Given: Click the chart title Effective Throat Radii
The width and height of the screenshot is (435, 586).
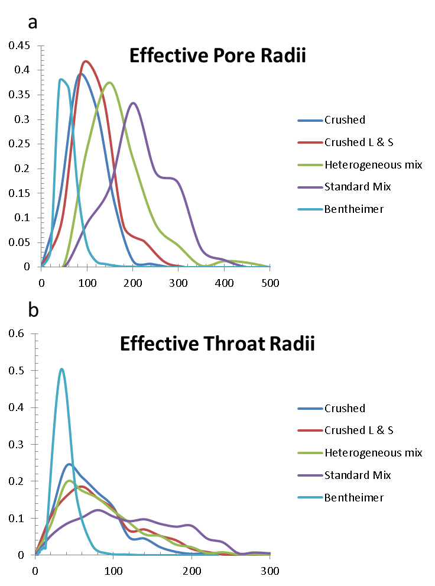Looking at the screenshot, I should pos(217,344).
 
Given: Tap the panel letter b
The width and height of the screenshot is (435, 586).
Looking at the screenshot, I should pos(33,309).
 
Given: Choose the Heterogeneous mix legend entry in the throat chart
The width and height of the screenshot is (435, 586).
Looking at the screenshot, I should pos(373,453).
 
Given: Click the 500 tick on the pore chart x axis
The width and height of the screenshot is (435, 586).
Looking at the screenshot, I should pos(270,283).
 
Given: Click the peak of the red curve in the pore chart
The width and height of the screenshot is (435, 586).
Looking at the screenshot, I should pos(86,61).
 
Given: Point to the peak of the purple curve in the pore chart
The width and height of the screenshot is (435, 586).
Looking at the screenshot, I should pos(134,103).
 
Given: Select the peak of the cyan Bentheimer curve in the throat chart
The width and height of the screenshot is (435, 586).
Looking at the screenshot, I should pos(61,369).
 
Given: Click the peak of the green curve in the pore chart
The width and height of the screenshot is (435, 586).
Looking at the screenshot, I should pos(109,82).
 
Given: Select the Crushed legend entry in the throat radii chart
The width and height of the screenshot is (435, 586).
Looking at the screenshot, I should pos(345,409).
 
